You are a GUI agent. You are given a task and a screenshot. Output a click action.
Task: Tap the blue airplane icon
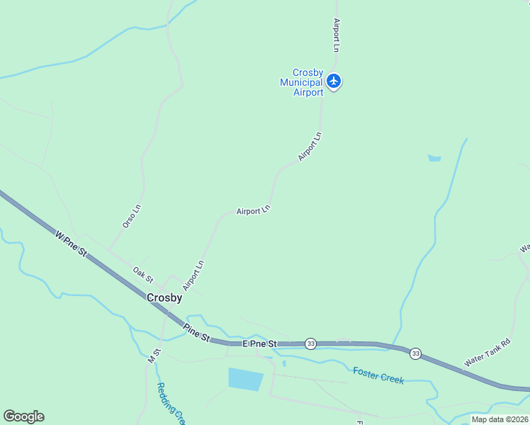pyautogui.click(x=334, y=81)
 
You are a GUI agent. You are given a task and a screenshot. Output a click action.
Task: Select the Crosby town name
pyautogui.click(x=164, y=298)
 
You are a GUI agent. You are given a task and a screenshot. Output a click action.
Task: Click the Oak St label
pyautogui.click(x=143, y=274)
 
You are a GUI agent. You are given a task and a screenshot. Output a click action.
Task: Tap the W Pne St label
pyautogui.click(x=70, y=242)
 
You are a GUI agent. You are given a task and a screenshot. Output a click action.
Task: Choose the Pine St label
pyautogui.click(x=196, y=333)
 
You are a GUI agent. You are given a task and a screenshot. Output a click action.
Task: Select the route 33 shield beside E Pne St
pyautogui.click(x=310, y=344)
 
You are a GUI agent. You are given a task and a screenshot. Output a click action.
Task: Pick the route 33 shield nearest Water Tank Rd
pyautogui.click(x=415, y=353)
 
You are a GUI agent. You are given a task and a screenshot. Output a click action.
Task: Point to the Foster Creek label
pyautogui.click(x=378, y=375)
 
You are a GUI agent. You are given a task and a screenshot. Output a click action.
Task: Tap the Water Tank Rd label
pyautogui.click(x=487, y=351)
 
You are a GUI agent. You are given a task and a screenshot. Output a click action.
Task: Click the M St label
pyautogui.click(x=154, y=356)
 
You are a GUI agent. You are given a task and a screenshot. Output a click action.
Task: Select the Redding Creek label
pyautogui.click(x=170, y=404)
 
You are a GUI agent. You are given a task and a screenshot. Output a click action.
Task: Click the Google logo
pyautogui.click(x=23, y=416)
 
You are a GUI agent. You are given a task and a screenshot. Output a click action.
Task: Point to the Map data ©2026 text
pyautogui.click(x=500, y=419)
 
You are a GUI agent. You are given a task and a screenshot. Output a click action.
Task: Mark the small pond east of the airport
pyautogui.click(x=434, y=159)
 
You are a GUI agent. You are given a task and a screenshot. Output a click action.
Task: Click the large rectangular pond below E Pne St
pyautogui.click(x=246, y=379)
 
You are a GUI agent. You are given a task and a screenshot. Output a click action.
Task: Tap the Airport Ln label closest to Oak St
pyautogui.click(x=193, y=276)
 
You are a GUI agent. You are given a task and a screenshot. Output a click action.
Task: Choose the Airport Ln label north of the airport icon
pyautogui.click(x=337, y=35)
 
